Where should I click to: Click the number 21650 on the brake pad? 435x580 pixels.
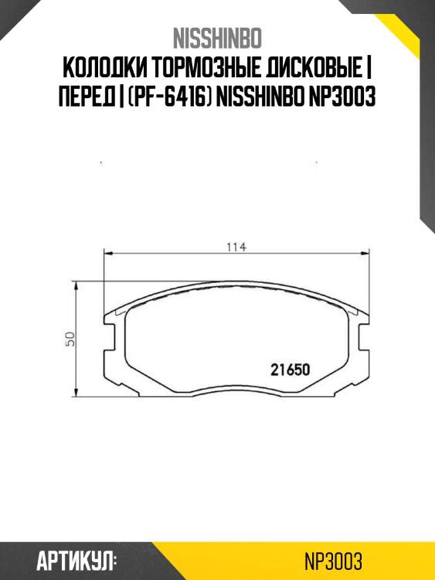coord(290,369)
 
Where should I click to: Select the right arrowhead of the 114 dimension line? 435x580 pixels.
coord(368,253)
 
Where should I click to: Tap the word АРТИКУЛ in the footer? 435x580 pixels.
coord(76,561)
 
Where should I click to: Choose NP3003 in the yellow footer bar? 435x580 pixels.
coord(334,561)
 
